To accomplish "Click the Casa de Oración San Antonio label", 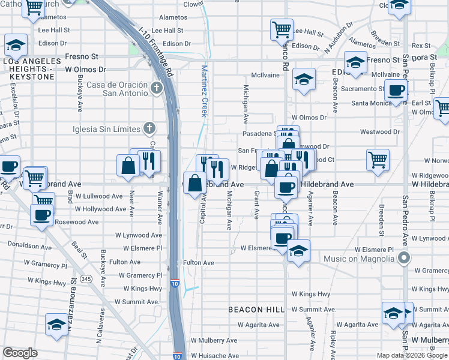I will point(117,89).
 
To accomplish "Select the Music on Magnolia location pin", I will point(404,259).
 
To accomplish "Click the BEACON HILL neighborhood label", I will point(256,310).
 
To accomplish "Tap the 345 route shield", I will point(86,279).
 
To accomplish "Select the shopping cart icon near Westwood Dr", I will point(378,160).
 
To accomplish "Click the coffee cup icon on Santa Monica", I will point(395,91).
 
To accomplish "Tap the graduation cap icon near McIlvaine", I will point(304,79).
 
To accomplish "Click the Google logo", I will point(20,353).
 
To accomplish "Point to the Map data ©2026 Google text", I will point(412,355).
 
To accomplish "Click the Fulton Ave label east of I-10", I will point(199,263).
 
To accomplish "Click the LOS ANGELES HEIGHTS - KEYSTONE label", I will point(32,65).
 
